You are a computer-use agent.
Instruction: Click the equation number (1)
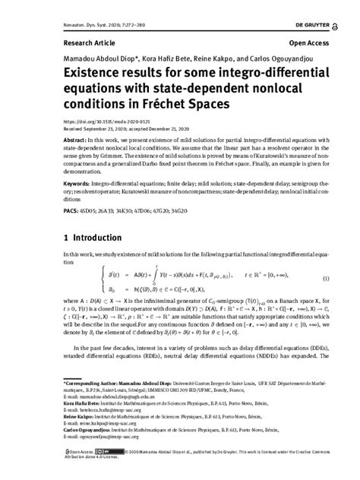click(326, 278)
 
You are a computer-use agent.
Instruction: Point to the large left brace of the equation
click(103, 279)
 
